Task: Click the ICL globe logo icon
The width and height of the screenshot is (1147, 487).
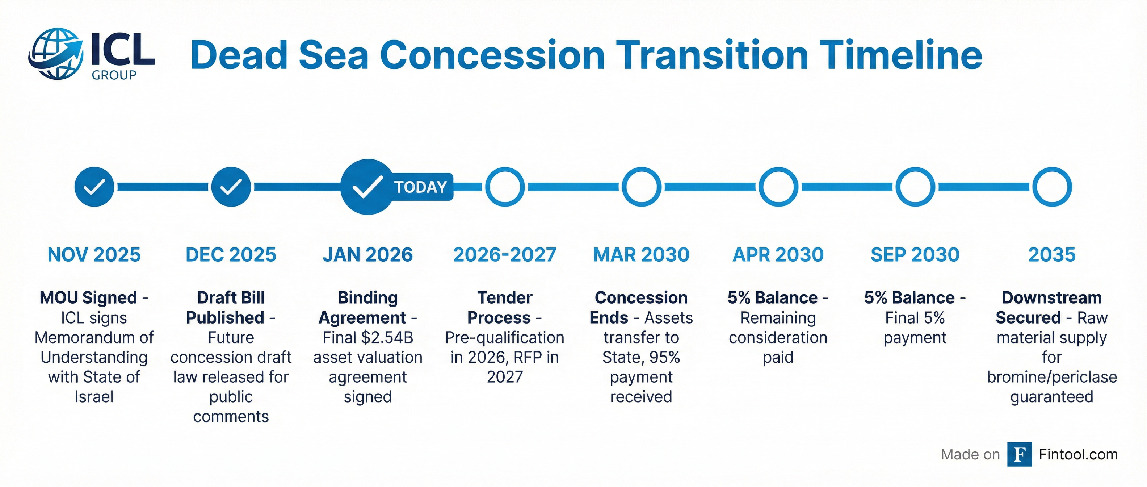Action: (x=56, y=54)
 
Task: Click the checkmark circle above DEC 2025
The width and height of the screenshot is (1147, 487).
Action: (x=231, y=187)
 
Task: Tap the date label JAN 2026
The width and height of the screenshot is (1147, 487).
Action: (x=368, y=255)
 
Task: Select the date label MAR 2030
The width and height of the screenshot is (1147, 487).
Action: (x=641, y=255)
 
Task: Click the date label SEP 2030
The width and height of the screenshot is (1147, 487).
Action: (x=915, y=255)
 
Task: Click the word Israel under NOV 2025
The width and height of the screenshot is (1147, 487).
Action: (x=94, y=396)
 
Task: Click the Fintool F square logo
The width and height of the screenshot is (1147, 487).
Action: (x=1020, y=454)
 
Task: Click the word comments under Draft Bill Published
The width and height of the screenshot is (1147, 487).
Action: (x=231, y=417)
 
